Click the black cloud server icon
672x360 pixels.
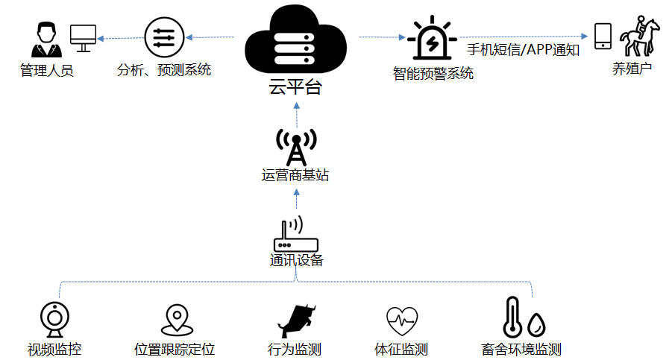295,41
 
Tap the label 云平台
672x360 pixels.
295,87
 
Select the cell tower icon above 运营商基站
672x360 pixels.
296,147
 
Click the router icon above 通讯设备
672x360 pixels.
295,234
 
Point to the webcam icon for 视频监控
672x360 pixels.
54,320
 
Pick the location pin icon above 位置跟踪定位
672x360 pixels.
177,320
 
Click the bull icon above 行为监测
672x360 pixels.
297,320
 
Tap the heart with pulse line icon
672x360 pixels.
401,321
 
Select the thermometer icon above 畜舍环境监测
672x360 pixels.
512,318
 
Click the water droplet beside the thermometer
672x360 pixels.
536,325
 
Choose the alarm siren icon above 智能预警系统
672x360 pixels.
432,38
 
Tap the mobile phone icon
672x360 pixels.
603,36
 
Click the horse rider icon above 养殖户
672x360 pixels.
639,37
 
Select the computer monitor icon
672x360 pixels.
83,38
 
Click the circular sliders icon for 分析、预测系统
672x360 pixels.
164,37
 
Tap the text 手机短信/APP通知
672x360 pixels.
524,50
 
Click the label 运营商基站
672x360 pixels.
295,175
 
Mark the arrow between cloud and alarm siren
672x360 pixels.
383,37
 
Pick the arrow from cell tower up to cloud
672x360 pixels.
297,115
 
